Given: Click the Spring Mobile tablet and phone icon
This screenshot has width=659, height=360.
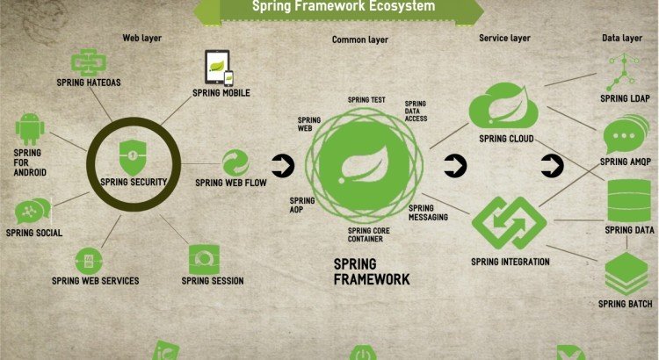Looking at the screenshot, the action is pyautogui.click(x=219, y=68).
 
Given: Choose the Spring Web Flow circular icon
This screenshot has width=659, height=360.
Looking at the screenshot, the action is pyautogui.click(x=235, y=162).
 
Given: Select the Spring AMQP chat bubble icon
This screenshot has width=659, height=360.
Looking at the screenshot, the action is pyautogui.click(x=625, y=137).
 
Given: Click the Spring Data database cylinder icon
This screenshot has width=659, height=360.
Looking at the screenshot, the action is pyautogui.click(x=629, y=200).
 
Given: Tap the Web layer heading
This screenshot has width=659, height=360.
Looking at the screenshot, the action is pyautogui.click(x=142, y=38).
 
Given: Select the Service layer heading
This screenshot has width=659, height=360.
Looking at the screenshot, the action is pyautogui.click(x=504, y=38).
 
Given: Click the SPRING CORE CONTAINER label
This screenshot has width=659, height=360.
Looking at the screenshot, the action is pyautogui.click(x=365, y=234).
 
